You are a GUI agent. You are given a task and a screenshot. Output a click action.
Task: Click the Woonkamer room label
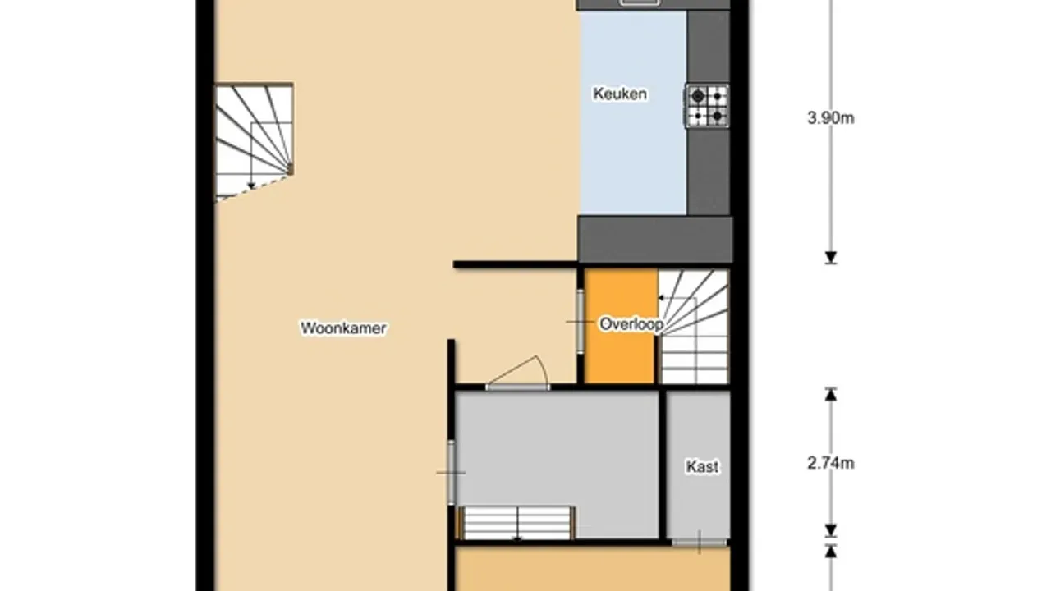click(343, 328)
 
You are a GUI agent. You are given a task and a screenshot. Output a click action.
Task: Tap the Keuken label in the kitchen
click(620, 94)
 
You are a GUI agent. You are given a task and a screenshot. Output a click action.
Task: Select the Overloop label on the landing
click(631, 324)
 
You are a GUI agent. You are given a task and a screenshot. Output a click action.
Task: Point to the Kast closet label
click(702, 467)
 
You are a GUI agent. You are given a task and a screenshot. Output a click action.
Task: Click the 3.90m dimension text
click(830, 118)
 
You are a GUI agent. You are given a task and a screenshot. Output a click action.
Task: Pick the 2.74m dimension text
click(830, 464)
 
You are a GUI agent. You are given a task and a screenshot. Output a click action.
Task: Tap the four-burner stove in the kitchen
click(707, 106)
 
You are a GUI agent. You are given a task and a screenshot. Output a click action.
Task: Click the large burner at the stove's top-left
click(698, 96)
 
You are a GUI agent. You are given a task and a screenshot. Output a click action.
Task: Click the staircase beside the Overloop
click(694, 327)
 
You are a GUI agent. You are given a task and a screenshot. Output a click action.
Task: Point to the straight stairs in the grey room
click(517, 523)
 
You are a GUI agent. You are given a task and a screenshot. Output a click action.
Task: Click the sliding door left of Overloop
click(580, 322)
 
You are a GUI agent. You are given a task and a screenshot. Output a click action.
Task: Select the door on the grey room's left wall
click(451, 472)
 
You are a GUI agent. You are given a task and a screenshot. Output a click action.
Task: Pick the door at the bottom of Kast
click(699, 543)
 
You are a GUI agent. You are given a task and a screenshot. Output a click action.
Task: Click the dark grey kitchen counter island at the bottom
click(655, 239)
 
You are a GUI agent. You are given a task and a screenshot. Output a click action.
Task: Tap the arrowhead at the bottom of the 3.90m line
click(831, 258)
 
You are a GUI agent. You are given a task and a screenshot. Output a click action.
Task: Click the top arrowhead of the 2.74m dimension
click(831, 394)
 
